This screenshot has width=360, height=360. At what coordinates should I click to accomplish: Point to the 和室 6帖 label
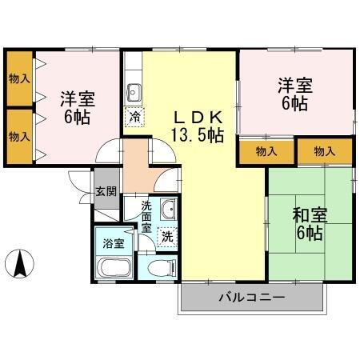click(x=307, y=223)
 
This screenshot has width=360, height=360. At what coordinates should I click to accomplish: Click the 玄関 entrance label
click(x=106, y=191)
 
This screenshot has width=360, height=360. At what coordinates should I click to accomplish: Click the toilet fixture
click(x=158, y=268)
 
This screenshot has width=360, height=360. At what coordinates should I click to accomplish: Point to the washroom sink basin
click(x=169, y=211)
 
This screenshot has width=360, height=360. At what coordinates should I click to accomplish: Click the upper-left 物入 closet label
click(x=19, y=78)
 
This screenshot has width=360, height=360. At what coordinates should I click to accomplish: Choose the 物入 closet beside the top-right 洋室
click(x=266, y=151)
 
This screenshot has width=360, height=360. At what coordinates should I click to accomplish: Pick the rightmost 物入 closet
click(x=324, y=151)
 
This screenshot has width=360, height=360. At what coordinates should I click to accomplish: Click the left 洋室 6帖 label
click(x=78, y=107)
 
